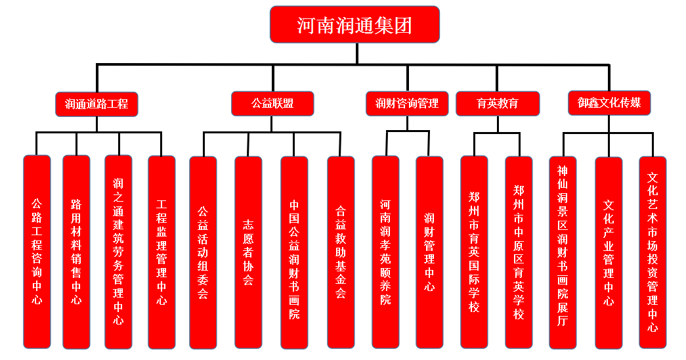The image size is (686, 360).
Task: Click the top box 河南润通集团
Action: (x=354, y=25)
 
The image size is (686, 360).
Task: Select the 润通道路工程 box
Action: (x=96, y=104)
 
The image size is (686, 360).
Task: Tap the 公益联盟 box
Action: (x=272, y=104)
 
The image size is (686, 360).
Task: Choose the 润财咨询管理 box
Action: (x=407, y=104)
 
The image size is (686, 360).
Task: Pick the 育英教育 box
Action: (x=498, y=104)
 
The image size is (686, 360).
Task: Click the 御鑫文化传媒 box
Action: (x=609, y=102)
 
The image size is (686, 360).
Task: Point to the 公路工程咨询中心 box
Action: (x=37, y=252)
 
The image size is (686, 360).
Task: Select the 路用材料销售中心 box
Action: (x=76, y=252)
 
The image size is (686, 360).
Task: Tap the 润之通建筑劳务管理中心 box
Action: (x=118, y=252)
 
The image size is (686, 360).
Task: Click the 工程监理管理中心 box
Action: (x=161, y=252)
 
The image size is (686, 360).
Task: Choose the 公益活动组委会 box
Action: (x=203, y=252)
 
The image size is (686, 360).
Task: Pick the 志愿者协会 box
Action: (x=248, y=252)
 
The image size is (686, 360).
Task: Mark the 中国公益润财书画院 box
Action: (x=294, y=252)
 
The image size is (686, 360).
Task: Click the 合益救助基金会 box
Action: (x=341, y=252)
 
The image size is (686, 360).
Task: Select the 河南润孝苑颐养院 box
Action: (x=385, y=252)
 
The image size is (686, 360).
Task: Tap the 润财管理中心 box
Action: (x=429, y=252)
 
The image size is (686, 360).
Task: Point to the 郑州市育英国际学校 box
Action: (x=474, y=252)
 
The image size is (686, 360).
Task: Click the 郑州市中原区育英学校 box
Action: (x=519, y=252)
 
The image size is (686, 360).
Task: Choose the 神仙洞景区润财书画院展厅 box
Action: (x=563, y=252)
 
